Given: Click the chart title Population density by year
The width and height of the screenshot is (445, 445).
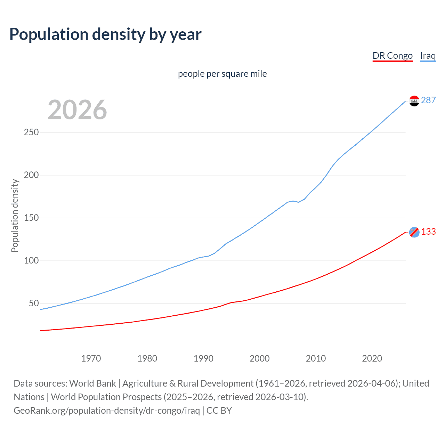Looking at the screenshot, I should pyautogui.click(x=105, y=34).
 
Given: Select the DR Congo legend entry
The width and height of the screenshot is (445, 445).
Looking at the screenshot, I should pyautogui.click(x=393, y=56).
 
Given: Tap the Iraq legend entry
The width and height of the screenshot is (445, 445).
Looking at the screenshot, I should pyautogui.click(x=428, y=56).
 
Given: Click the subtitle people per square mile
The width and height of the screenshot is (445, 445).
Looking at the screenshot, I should pyautogui.click(x=222, y=74).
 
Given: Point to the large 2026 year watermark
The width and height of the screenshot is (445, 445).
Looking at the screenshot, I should pyautogui.click(x=77, y=110).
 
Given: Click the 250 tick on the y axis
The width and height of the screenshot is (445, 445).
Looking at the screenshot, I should pyautogui.click(x=31, y=132).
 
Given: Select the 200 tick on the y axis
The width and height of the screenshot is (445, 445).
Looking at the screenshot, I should pyautogui.click(x=31, y=175).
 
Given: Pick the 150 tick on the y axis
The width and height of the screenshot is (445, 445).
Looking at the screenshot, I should pyautogui.click(x=31, y=218).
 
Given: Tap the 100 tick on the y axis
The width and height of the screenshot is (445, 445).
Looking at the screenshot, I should pyautogui.click(x=31, y=261).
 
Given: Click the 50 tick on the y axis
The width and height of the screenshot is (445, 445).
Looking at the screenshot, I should pyautogui.click(x=34, y=304).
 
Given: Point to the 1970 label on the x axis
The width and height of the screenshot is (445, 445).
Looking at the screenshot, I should pyautogui.click(x=91, y=358).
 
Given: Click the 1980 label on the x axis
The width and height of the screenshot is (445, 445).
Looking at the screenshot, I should pyautogui.click(x=147, y=358).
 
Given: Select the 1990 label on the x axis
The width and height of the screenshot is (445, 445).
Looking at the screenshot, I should pyautogui.click(x=203, y=358).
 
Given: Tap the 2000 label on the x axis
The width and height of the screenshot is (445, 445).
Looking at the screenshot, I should pyautogui.click(x=260, y=358).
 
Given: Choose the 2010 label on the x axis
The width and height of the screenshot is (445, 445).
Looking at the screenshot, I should pyautogui.click(x=316, y=358).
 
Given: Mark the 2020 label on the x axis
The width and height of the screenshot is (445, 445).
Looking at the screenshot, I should pyautogui.click(x=372, y=358).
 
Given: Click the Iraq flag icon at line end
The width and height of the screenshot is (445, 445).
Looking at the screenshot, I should pyautogui.click(x=414, y=101).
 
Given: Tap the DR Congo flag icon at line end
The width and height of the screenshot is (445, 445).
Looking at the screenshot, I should pyautogui.click(x=414, y=232).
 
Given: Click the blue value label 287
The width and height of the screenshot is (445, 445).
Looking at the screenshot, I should pyautogui.click(x=428, y=100).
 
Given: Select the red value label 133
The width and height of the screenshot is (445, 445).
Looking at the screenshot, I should pyautogui.click(x=428, y=232).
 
